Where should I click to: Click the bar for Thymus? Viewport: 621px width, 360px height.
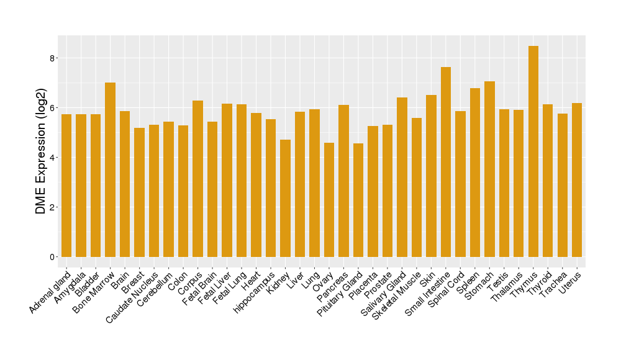[x=533, y=151]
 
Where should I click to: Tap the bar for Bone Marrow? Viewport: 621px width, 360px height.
[x=110, y=169]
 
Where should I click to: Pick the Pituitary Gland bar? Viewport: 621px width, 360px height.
[x=358, y=200]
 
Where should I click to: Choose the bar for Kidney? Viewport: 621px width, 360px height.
[x=285, y=198]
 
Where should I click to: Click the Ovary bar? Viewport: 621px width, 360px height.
[x=329, y=199]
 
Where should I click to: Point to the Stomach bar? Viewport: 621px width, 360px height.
[x=489, y=169]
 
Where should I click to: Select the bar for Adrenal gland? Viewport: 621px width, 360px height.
[x=66, y=185]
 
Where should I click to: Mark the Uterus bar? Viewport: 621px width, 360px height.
[x=577, y=180]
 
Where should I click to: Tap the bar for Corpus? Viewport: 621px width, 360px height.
[x=197, y=178]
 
